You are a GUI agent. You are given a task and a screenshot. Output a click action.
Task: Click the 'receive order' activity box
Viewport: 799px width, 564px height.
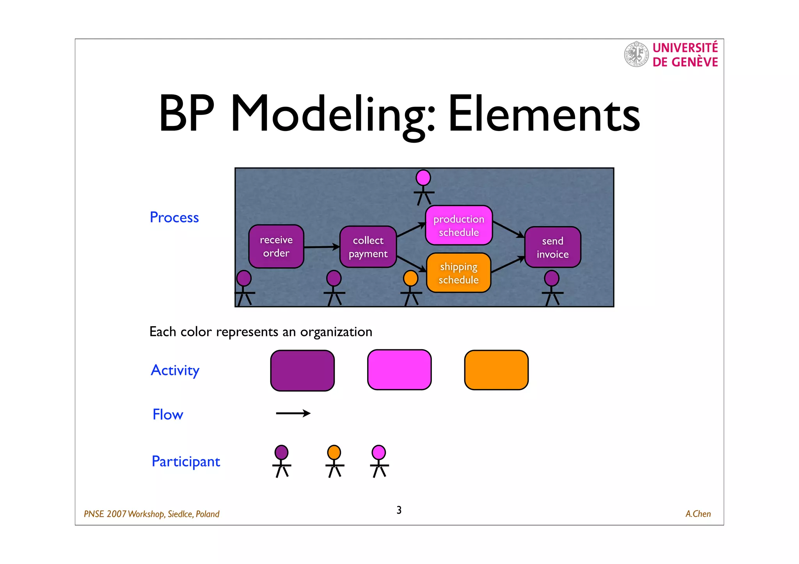[276, 246]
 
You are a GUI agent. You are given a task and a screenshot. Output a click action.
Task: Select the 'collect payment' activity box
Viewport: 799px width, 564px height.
[368, 247]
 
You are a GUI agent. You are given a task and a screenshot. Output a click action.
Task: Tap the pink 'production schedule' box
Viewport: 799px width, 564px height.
[459, 225]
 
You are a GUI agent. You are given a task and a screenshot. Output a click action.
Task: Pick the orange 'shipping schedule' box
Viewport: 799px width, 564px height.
[458, 273]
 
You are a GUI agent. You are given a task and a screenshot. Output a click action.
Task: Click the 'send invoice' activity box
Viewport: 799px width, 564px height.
[552, 247]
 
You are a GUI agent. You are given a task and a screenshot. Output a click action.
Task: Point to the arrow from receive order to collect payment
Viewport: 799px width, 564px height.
[321, 247]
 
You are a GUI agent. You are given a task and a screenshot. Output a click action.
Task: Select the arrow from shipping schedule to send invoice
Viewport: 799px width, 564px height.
[508, 264]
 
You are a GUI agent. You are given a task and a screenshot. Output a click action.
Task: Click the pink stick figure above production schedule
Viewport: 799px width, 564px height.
[423, 187]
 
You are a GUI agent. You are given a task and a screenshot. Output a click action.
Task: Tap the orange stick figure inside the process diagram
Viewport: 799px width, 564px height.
[411, 288]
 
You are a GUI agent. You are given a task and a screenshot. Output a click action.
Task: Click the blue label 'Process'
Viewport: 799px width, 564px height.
[174, 217]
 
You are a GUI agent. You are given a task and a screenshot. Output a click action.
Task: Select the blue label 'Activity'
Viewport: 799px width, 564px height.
[175, 370]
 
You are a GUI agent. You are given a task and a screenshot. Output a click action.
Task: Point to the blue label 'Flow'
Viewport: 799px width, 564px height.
[168, 414]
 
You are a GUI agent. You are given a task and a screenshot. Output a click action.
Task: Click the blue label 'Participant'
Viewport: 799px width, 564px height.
[186, 461]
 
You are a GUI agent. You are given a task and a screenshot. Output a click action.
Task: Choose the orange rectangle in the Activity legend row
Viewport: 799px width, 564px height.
[496, 370]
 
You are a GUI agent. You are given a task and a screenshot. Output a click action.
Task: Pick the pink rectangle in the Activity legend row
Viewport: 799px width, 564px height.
[399, 370]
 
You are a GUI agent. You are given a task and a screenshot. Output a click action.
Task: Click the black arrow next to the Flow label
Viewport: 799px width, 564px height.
[293, 413]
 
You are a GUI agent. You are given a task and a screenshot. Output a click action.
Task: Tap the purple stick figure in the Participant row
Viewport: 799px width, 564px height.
[281, 461]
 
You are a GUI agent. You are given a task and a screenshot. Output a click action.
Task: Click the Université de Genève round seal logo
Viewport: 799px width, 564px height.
[636, 54]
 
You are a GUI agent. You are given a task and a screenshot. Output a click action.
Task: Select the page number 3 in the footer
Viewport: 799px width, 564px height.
[399, 510]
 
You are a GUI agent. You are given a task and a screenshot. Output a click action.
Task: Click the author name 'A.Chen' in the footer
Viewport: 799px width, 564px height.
[698, 514]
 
